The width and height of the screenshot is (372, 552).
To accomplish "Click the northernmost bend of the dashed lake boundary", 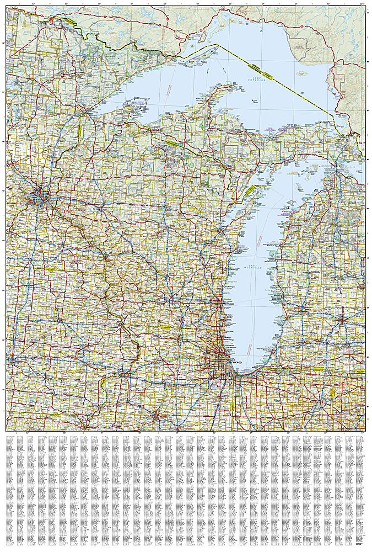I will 217,44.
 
